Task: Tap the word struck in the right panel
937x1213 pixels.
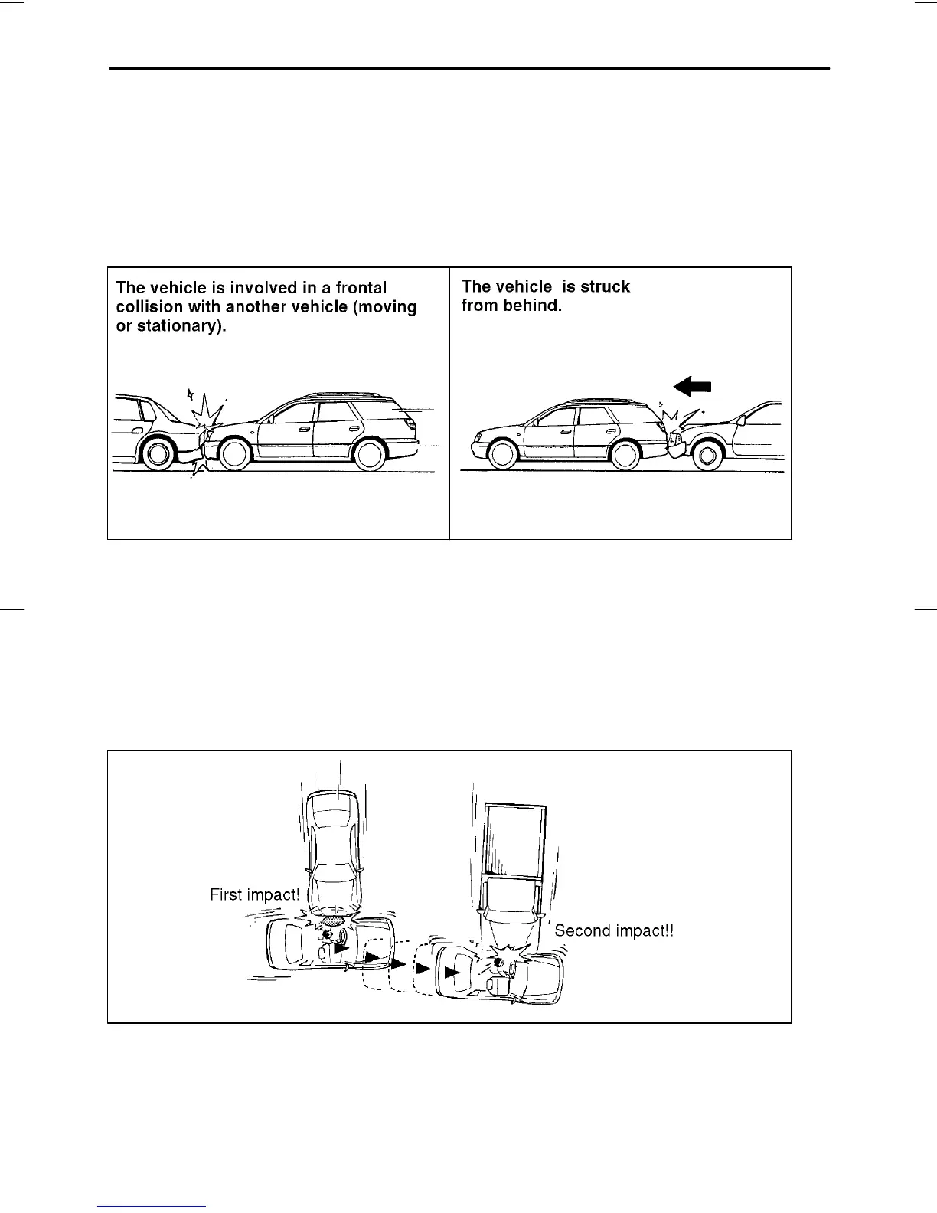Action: pyautogui.click(x=606, y=286)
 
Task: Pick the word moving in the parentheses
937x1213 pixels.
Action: pyautogui.click(x=387, y=307)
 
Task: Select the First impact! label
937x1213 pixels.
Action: pyautogui.click(x=254, y=894)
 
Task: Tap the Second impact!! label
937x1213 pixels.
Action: pyautogui.click(x=613, y=930)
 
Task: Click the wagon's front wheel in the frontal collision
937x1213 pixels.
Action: pyautogui.click(x=234, y=453)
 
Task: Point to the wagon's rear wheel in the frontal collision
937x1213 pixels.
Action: pyautogui.click(x=369, y=453)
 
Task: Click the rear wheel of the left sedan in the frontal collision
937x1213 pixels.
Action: pyautogui.click(x=157, y=453)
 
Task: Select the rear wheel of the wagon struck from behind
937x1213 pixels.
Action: pyautogui.click(x=625, y=453)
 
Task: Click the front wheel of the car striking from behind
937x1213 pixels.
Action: pyautogui.click(x=708, y=456)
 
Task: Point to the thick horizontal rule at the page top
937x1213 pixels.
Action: pyautogui.click(x=469, y=69)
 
